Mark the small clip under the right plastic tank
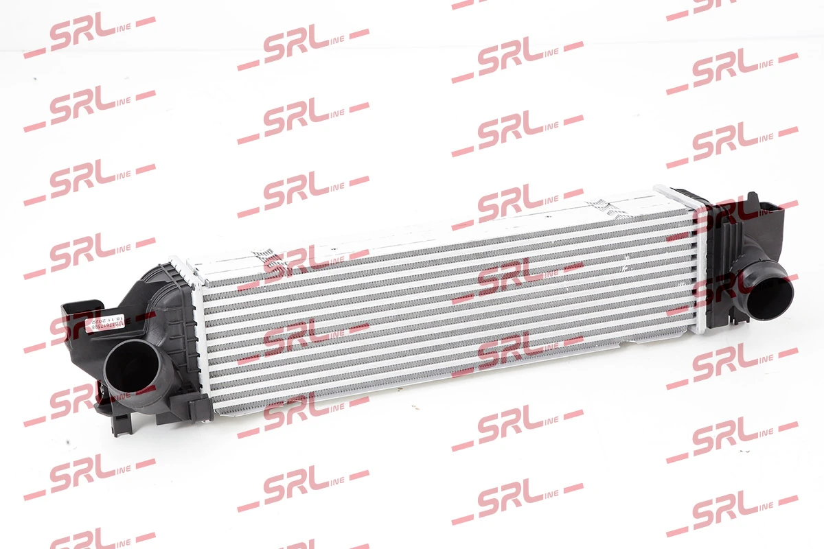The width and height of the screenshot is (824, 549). (735, 317)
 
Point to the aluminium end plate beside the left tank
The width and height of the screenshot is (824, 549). (198, 336)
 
